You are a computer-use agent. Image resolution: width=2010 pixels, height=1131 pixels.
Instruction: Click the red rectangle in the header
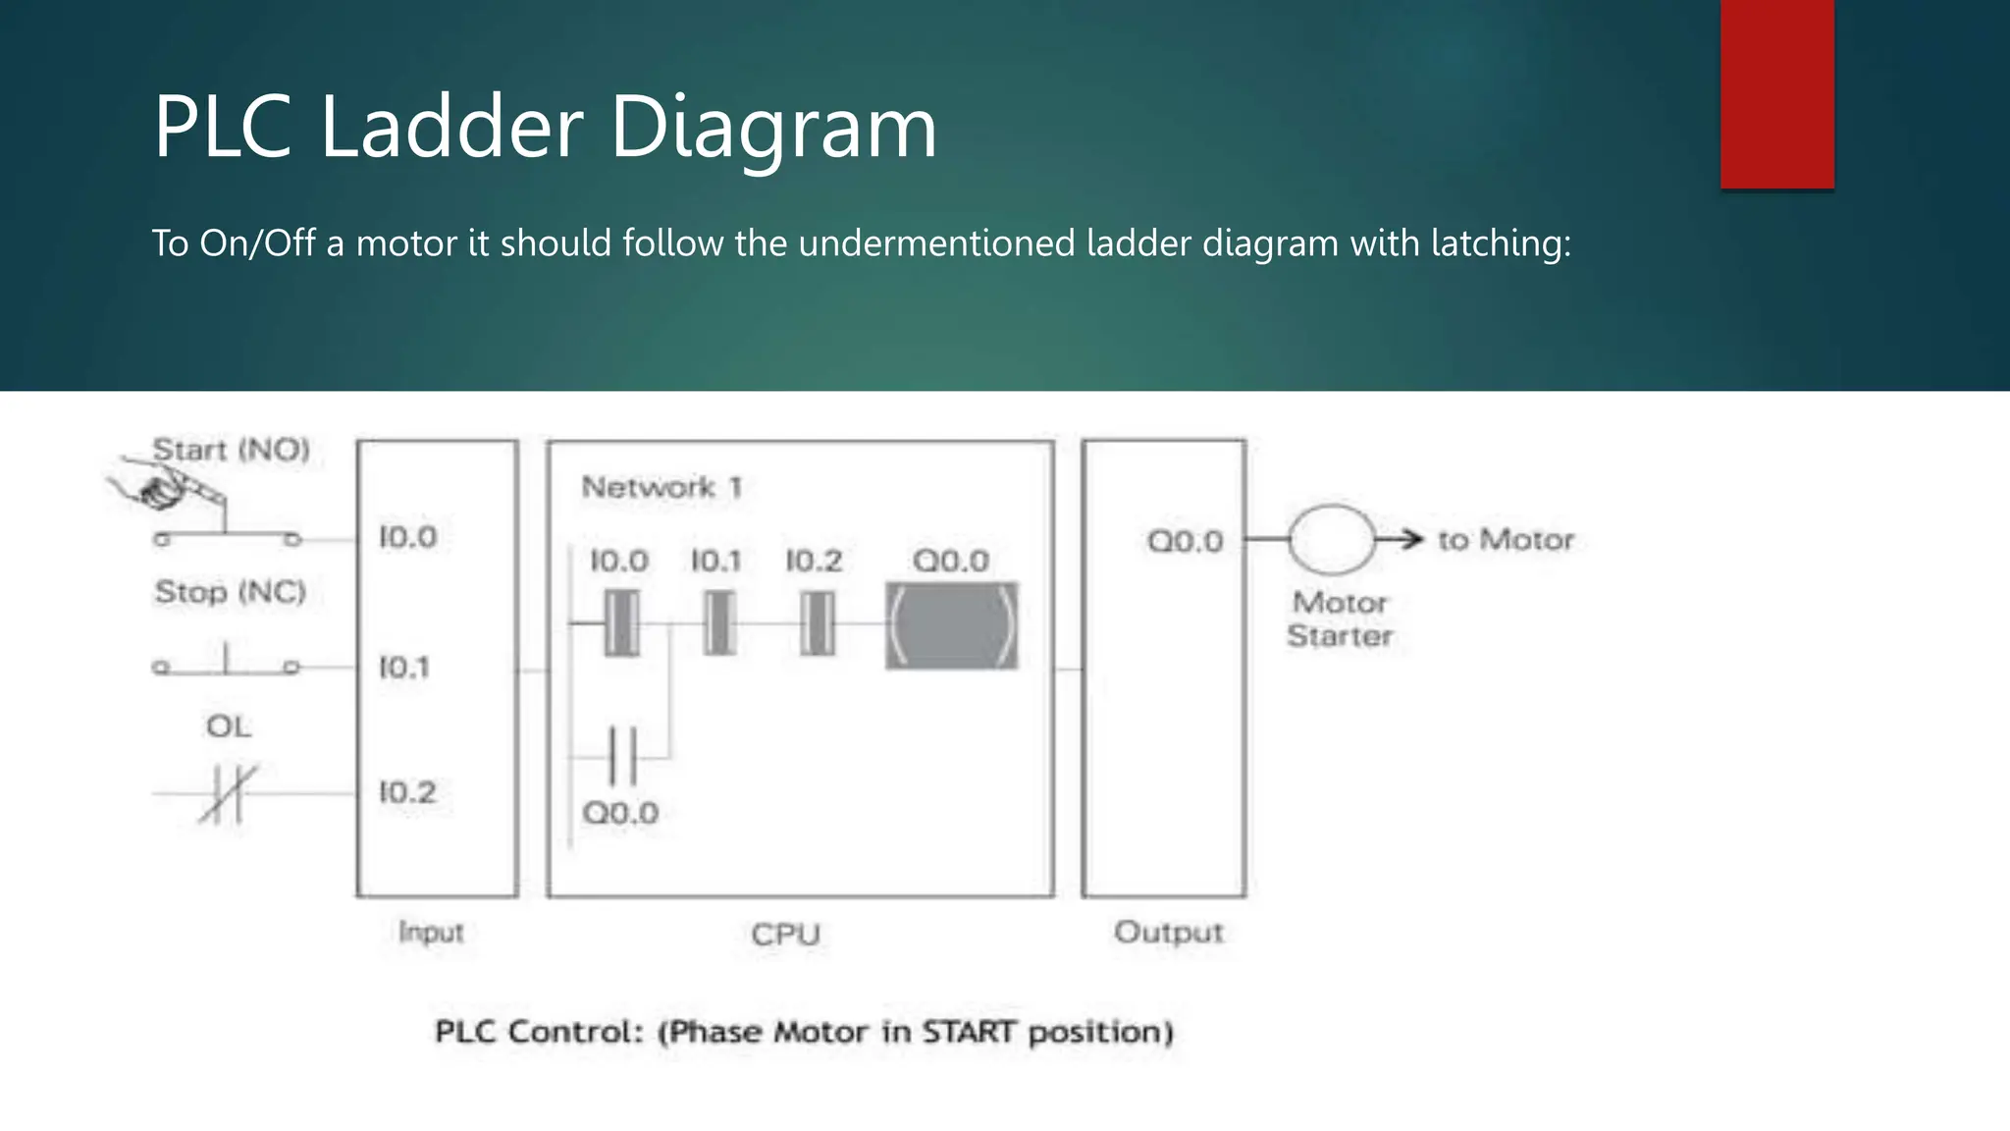[x=1776, y=94]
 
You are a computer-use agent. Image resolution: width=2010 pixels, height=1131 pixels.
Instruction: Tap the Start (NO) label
[x=231, y=450]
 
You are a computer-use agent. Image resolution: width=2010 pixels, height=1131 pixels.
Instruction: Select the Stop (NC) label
[x=230, y=592]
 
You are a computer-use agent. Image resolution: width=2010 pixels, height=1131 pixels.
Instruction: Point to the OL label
[x=228, y=727]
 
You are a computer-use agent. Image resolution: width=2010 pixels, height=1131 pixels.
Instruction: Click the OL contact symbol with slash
[x=228, y=792]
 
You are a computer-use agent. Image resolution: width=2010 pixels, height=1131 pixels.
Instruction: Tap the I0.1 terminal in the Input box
[x=404, y=668]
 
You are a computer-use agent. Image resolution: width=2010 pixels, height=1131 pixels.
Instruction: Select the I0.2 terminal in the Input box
[x=407, y=791]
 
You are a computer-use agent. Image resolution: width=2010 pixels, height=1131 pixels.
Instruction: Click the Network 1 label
[x=661, y=487]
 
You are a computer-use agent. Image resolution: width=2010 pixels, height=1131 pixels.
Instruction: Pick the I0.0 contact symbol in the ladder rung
[x=621, y=623]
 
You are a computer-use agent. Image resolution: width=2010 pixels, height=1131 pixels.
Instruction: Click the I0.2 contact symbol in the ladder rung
[x=817, y=623]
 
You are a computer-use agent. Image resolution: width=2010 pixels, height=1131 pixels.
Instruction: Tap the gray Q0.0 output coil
[x=951, y=625]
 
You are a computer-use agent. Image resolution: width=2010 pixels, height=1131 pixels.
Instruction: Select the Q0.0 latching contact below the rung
[x=622, y=756]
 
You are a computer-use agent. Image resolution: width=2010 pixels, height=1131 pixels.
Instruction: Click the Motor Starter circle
[x=1331, y=539]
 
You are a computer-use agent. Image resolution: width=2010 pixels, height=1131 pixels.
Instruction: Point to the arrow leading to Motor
[x=1400, y=539]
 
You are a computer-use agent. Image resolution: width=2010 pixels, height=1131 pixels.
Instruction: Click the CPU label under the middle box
[x=785, y=934]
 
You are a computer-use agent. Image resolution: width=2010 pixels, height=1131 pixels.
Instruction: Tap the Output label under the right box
[x=1168, y=932]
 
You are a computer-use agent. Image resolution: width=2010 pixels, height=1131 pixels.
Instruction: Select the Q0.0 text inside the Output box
[x=1185, y=541]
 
